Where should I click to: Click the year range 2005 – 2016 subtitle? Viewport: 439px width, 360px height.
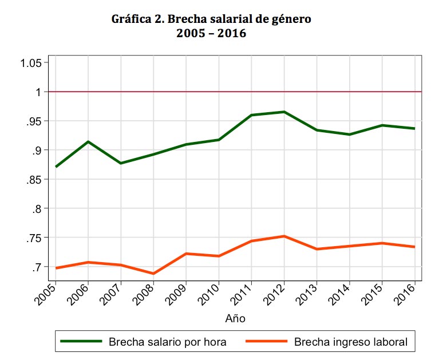(211, 34)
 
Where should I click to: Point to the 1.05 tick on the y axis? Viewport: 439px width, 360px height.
(31, 63)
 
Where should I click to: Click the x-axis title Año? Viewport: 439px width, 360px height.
(235, 318)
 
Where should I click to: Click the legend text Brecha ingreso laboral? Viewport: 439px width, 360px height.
(350, 342)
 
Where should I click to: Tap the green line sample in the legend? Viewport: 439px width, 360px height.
(84, 342)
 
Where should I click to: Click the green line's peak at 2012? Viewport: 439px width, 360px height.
(284, 112)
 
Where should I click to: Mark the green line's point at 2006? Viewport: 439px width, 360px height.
(88, 141)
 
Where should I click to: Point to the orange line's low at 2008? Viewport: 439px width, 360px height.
(153, 274)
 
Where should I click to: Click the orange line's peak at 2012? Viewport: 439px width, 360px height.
(284, 236)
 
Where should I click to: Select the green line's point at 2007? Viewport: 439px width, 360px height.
(121, 163)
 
